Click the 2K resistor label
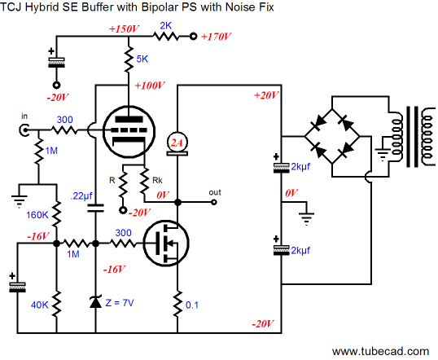tap(165, 26)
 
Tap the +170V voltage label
tap(216, 37)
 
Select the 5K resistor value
tap(142, 59)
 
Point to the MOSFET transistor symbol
tap(166, 243)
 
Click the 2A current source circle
tap(177, 143)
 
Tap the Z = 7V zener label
tap(120, 302)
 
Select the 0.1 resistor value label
tap(192, 305)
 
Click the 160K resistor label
tap(37, 215)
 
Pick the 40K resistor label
tap(39, 305)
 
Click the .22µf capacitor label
tap(81, 196)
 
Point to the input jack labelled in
tap(24, 130)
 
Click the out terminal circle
tap(213, 202)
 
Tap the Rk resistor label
tap(157, 181)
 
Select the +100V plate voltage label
tap(150, 86)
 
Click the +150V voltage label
tap(124, 29)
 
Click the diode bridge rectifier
tap(332, 136)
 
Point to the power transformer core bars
tap(412, 137)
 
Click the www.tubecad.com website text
tap(380, 351)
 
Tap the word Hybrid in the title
tap(42, 7)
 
